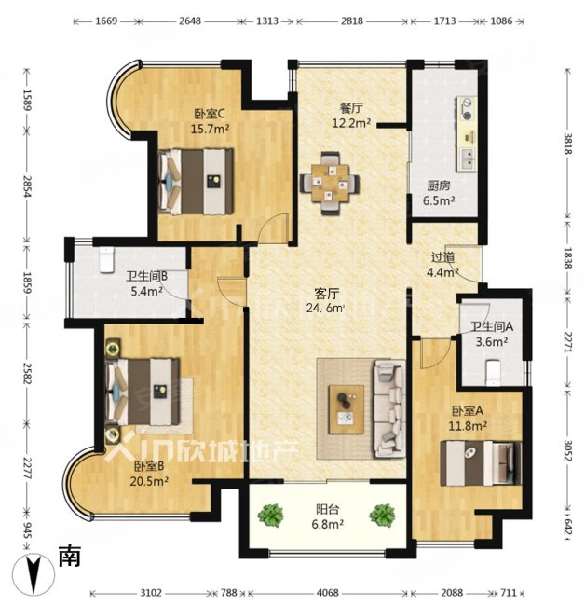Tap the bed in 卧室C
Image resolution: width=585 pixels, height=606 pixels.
(197, 182)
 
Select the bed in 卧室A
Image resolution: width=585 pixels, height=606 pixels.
(481, 463)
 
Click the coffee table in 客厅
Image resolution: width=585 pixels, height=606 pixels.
(346, 409)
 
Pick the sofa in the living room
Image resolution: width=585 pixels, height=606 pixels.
(388, 408)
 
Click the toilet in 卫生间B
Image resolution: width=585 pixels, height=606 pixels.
(107, 260)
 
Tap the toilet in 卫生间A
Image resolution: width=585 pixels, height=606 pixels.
(493, 373)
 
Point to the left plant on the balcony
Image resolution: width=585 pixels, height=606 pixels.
(270, 515)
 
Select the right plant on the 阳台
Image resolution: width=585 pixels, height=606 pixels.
(382, 515)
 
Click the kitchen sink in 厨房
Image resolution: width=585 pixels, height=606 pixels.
(468, 158)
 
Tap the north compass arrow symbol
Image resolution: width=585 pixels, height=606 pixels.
(33, 576)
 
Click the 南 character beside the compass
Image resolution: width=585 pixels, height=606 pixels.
(70, 557)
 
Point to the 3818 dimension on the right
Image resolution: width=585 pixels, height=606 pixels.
(567, 144)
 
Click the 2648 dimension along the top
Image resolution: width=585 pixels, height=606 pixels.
(190, 21)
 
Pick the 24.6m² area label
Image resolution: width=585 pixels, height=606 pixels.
(325, 308)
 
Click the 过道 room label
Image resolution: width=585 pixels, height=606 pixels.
(442, 257)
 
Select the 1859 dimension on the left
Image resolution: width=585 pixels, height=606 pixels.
(27, 282)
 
